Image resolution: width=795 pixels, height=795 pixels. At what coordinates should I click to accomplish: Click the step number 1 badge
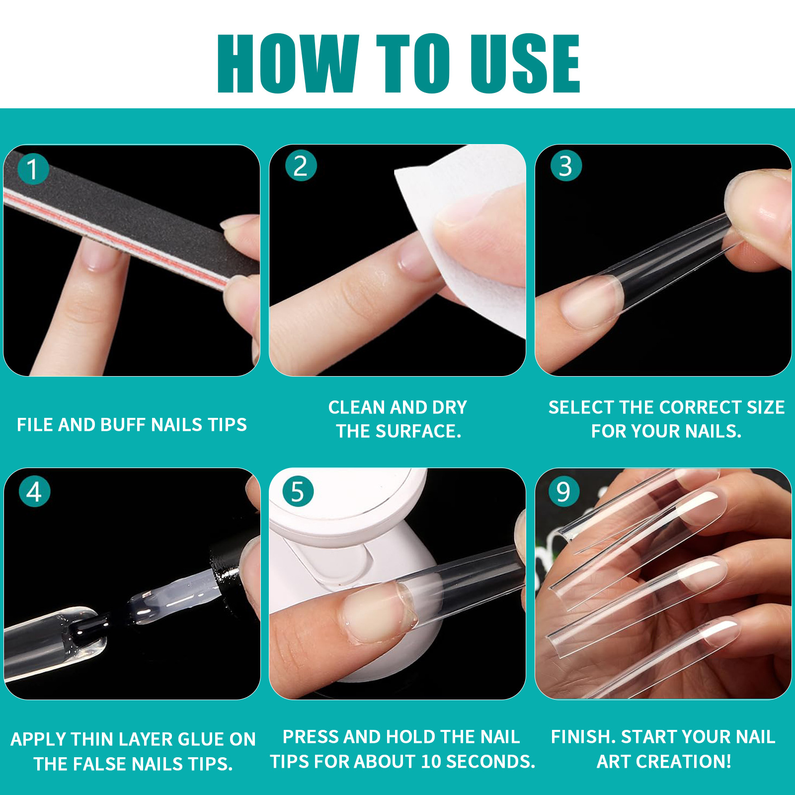point(33,169)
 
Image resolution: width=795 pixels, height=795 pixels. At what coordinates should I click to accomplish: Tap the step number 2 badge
point(301,165)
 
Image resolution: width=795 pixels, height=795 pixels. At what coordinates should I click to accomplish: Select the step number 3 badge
point(566,165)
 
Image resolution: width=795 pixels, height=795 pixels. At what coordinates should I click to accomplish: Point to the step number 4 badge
point(34,491)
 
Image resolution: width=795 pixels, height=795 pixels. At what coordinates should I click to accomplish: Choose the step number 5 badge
point(298,491)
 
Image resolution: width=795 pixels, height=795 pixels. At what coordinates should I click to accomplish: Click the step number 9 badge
point(564,491)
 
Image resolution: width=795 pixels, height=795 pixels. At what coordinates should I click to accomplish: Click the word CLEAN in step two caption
point(357,407)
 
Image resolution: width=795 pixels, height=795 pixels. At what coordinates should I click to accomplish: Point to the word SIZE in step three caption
point(766,407)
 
